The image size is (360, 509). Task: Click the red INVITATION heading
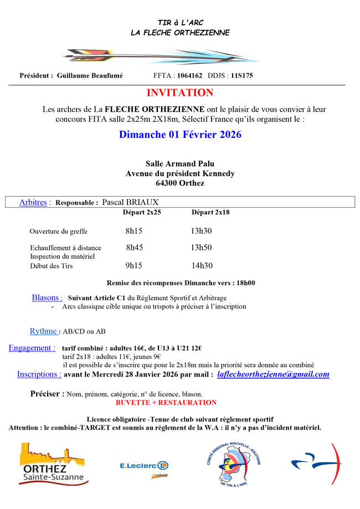click(180, 93)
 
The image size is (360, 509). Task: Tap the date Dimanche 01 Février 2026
click(180, 135)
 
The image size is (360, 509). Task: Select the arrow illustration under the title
click(161, 56)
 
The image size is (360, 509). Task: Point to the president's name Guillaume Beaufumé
click(90, 76)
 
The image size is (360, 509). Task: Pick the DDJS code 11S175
click(241, 76)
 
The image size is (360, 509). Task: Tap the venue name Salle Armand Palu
click(180, 164)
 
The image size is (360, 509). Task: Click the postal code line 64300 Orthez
click(180, 183)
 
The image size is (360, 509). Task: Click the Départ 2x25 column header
click(142, 213)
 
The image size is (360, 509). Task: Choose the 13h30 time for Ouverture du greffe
click(202, 231)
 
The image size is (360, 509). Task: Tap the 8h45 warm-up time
click(135, 248)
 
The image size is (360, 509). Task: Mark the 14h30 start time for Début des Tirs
click(202, 266)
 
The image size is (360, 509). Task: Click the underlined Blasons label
click(47, 297)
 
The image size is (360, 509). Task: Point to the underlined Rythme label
click(43, 331)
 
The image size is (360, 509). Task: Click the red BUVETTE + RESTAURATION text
click(166, 403)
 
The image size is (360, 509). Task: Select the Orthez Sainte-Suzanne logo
click(52, 464)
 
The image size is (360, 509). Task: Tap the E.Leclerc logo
click(145, 467)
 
